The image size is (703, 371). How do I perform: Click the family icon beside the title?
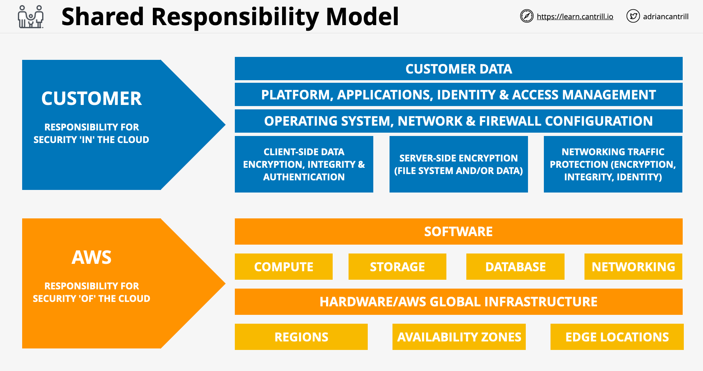coord(31,17)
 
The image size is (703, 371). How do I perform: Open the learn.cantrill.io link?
coord(575,17)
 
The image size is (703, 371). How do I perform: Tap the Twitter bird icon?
coord(633,16)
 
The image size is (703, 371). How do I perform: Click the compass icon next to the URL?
coord(527,16)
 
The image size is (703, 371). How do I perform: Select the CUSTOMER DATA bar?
coord(458,69)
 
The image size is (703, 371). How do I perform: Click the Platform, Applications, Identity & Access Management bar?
coord(458,95)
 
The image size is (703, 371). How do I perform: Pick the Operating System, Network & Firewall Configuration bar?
coord(458,121)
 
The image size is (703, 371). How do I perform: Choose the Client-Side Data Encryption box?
coord(304,164)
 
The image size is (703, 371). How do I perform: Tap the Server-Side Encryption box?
coord(458,164)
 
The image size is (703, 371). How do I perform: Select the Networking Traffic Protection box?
coord(613,164)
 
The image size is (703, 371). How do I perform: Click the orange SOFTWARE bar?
coord(458,231)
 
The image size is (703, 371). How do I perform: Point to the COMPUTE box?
coord(284,266)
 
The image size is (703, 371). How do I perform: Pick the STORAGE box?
coord(397,266)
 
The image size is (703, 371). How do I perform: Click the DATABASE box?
coord(515,266)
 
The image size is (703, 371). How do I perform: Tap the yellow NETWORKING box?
coord(633,266)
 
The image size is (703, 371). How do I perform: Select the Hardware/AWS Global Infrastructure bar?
coord(458,302)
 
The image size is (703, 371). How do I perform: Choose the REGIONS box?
coord(301,337)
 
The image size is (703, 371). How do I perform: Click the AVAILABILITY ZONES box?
coord(459,337)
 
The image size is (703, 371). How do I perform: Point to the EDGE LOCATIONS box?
coord(617,337)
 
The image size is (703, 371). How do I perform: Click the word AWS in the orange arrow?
coord(92,257)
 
